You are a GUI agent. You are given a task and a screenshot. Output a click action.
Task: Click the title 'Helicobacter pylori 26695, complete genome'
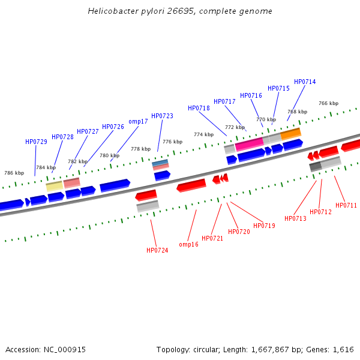click(x=179, y=11)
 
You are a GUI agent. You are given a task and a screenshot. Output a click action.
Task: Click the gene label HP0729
click(x=36, y=142)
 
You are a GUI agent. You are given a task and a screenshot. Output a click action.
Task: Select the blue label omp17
click(x=138, y=122)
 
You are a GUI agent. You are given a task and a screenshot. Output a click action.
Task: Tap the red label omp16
click(x=188, y=245)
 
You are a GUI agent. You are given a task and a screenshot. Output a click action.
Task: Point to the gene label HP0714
click(x=305, y=82)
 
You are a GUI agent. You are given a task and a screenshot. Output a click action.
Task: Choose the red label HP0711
click(x=346, y=206)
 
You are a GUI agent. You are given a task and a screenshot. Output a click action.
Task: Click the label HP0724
click(x=157, y=251)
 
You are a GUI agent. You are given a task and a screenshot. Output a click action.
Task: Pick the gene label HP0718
click(x=199, y=109)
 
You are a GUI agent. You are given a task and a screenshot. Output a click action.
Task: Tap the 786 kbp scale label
click(x=14, y=173)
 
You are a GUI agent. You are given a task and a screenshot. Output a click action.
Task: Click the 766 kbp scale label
click(x=328, y=103)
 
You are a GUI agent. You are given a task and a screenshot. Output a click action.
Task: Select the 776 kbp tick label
click(x=172, y=142)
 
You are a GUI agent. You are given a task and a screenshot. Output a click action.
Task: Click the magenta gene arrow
click(x=249, y=145)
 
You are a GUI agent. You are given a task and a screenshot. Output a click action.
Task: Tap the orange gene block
click(x=290, y=134)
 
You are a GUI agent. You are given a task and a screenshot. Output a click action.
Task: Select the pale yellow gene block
click(x=55, y=186)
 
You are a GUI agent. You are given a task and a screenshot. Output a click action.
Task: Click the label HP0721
click(x=212, y=239)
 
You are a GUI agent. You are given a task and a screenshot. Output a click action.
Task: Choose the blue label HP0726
click(x=113, y=127)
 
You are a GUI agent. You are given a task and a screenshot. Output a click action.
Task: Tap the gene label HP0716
click(x=251, y=96)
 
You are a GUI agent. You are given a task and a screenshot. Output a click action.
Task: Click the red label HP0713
click(x=295, y=219)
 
